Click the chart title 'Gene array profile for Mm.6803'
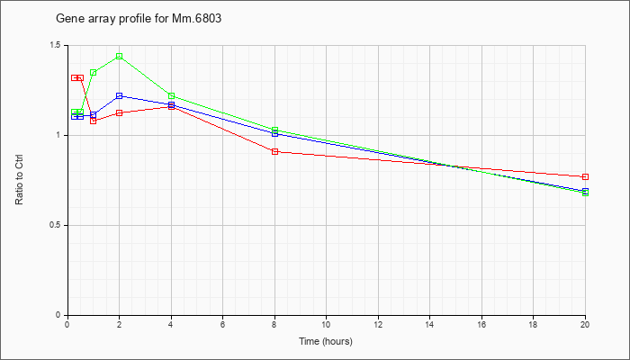point(139,19)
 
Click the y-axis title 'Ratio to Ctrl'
point(19,179)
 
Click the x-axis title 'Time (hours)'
point(326,341)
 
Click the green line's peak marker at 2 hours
point(120,56)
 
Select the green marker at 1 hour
point(94,73)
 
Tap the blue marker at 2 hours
point(120,95)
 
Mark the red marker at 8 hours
point(274,151)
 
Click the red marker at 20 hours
point(585,176)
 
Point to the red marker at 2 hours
point(120,112)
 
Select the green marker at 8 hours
point(274,130)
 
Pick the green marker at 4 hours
point(172,95)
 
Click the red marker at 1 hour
point(94,121)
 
